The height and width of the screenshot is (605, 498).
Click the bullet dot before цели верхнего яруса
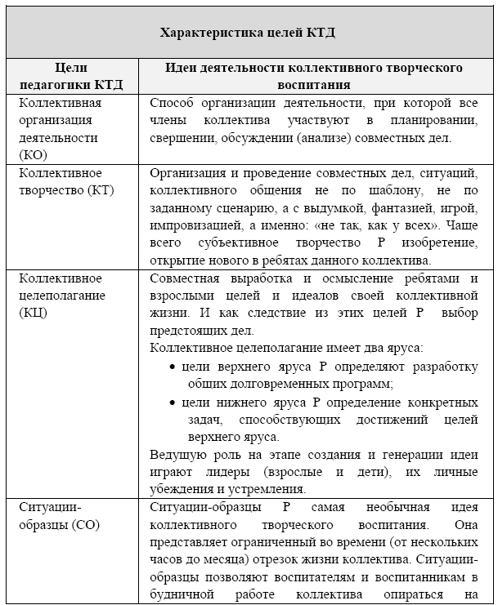point(173,367)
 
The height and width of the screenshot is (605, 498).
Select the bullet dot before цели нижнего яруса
point(173,403)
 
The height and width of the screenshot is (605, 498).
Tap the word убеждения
point(182,489)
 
